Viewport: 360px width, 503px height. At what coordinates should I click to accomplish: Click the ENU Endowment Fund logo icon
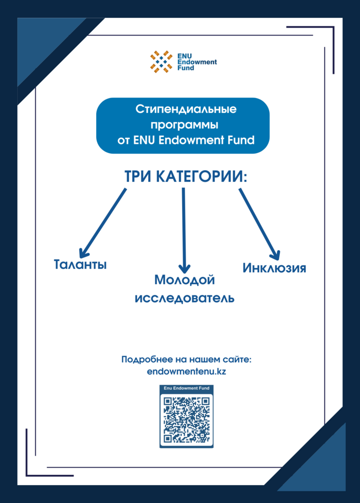[161, 62]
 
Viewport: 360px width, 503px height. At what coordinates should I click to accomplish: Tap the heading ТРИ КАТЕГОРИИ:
[186, 176]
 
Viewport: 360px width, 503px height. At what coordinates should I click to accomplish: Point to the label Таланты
[80, 265]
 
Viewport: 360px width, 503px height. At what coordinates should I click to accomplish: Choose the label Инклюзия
[274, 268]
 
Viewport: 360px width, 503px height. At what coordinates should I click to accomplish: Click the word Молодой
[184, 280]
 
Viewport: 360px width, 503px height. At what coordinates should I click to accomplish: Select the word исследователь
[185, 298]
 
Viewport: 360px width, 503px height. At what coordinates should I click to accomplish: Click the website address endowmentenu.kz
[186, 371]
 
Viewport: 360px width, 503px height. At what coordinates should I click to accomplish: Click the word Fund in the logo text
[186, 68]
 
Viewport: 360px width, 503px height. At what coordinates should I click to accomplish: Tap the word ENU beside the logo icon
[184, 56]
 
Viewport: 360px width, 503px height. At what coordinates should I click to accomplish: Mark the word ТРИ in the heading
[139, 176]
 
